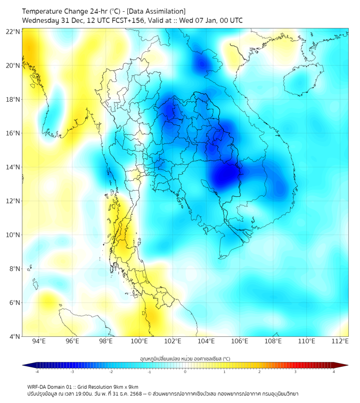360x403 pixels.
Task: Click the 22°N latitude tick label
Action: pyautogui.click(x=13, y=32)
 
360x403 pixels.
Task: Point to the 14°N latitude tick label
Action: pyautogui.click(x=13, y=167)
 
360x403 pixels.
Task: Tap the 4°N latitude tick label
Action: pyautogui.click(x=14, y=336)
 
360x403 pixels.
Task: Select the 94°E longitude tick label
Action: pyautogui.click(x=39, y=341)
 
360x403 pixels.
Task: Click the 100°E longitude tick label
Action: pyautogui.click(x=139, y=341)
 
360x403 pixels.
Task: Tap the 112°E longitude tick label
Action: pyautogui.click(x=340, y=341)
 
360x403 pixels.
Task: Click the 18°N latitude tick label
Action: pyautogui.click(x=13, y=100)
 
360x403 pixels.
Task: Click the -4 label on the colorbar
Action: pyautogui.click(x=36, y=372)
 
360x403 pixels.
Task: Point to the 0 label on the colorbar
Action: pyautogui.click(x=185, y=372)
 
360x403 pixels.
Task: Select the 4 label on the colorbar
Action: pyautogui.click(x=334, y=372)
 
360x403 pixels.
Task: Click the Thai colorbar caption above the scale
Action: pyautogui.click(x=185, y=359)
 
